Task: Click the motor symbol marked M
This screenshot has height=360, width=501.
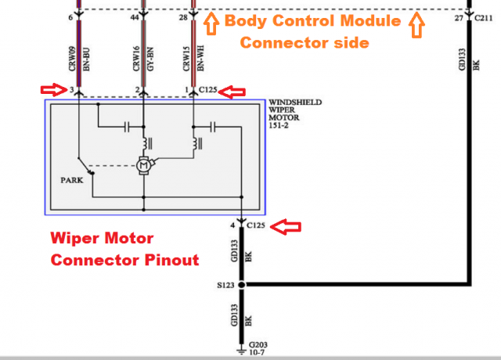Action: coord(143,165)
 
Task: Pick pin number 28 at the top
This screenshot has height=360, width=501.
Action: coord(183,17)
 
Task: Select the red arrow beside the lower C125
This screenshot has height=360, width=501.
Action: coord(290,226)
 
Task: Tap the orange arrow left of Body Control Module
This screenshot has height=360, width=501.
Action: coord(211,25)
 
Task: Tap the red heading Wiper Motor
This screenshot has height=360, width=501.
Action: coord(102,238)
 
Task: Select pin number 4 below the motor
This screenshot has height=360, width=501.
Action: coord(232,226)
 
